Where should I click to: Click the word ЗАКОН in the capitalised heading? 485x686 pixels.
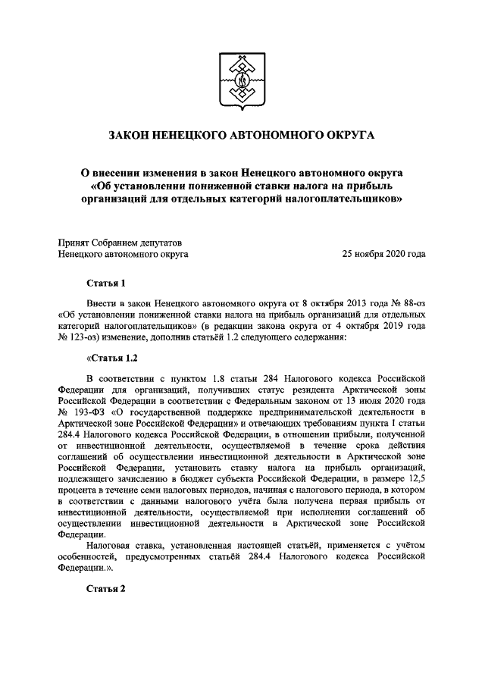(131, 135)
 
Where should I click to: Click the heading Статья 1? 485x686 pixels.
(105, 283)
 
